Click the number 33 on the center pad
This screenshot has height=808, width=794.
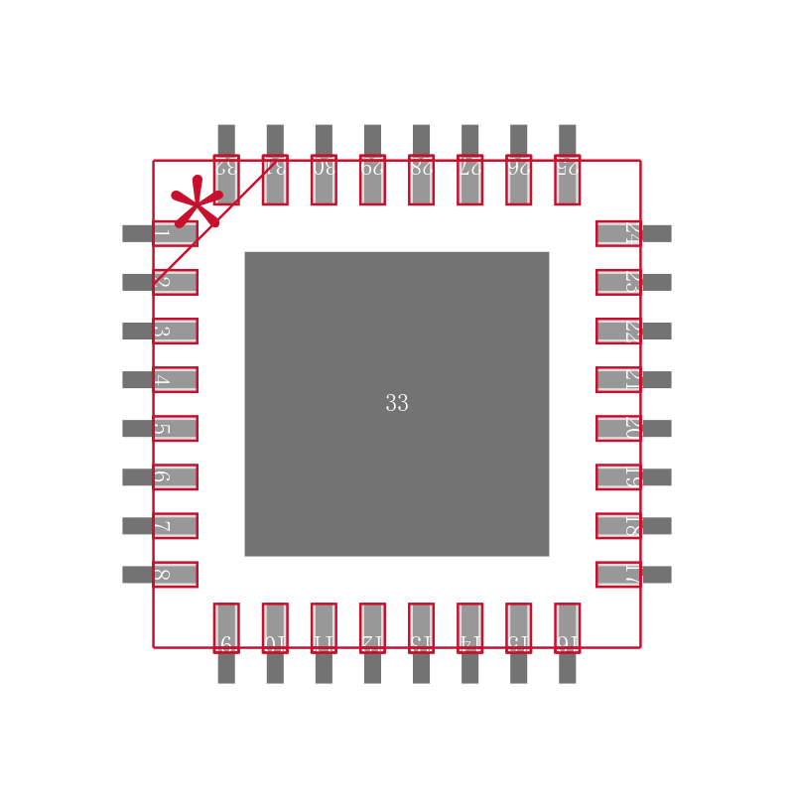[x=397, y=404]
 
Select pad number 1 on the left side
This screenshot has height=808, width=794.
[x=175, y=233]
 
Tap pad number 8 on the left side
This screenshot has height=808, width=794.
[x=175, y=575]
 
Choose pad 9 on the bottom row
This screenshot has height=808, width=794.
[x=226, y=627]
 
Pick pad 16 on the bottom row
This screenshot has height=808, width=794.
[x=567, y=627]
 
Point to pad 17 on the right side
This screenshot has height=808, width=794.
[x=618, y=575]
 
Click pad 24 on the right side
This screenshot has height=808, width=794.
[x=618, y=233]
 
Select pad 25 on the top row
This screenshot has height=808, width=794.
[x=567, y=180]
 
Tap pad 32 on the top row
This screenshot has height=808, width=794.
[x=226, y=180]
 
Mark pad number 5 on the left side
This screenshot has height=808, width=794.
[x=175, y=428]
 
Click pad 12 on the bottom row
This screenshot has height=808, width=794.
[x=372, y=627]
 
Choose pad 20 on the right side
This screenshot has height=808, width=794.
[x=618, y=428]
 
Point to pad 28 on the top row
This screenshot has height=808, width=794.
[x=421, y=180]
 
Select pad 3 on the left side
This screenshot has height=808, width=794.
[x=175, y=331]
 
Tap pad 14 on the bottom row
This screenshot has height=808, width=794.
[x=469, y=627]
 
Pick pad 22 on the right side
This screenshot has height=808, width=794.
[x=618, y=331]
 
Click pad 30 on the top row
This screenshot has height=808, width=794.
[x=324, y=180]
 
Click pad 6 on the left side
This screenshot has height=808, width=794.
[x=175, y=476]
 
